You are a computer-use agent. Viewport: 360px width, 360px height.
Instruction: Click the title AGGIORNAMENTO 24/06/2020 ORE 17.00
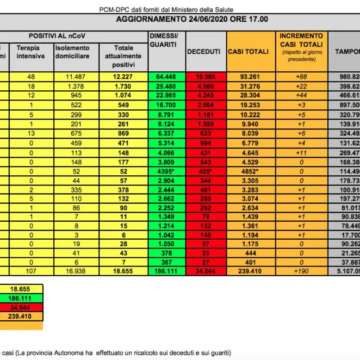point(192,19)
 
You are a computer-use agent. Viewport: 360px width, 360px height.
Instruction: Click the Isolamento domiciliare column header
point(72,52)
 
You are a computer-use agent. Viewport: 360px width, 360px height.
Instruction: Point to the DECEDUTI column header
point(204,52)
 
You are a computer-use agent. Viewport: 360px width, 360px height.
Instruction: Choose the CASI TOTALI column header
point(248,51)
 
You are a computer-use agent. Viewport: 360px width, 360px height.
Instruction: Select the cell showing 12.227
point(124,77)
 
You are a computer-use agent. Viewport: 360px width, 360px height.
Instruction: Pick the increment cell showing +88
point(302,77)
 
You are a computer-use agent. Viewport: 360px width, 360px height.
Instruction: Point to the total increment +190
point(302,271)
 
